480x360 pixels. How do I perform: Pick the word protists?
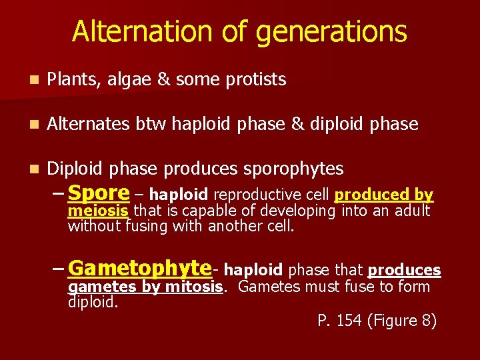[x=256, y=80]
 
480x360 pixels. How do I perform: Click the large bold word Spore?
[x=99, y=193]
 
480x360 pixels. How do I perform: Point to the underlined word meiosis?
[x=99, y=211]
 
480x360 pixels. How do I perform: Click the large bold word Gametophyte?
[x=139, y=268]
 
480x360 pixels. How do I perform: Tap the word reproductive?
[x=254, y=195]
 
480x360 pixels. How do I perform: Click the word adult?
[x=413, y=211]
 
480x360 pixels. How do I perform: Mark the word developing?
[x=297, y=211]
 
